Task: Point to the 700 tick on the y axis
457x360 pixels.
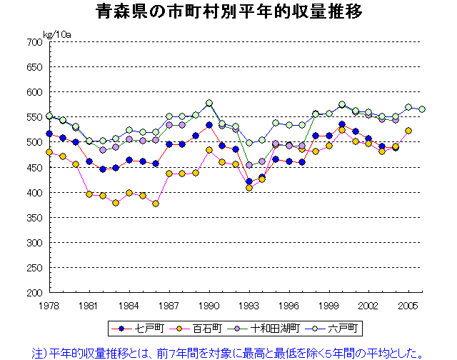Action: (x=34, y=42)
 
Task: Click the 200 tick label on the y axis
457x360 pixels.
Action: (x=34, y=293)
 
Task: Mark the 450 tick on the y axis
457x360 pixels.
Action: (x=34, y=168)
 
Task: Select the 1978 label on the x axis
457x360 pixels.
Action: (x=49, y=306)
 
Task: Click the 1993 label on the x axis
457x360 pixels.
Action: (x=248, y=306)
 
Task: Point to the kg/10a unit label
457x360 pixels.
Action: (x=56, y=34)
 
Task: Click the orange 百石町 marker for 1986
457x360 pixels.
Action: (x=156, y=204)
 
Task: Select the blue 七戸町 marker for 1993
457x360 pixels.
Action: (x=249, y=181)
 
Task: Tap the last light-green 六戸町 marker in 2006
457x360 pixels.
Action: (x=422, y=109)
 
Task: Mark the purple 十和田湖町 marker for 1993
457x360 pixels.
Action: (x=249, y=165)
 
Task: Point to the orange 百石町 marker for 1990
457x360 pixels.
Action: (x=209, y=150)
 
